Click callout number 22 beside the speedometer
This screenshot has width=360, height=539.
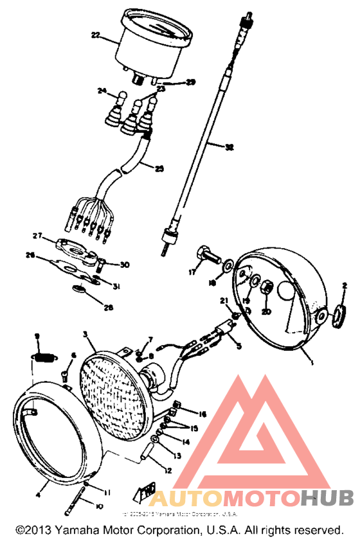(x=95, y=36)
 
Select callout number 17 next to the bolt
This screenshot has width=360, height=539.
(x=192, y=272)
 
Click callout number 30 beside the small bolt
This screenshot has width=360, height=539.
(x=125, y=264)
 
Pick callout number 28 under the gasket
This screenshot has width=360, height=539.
(x=109, y=308)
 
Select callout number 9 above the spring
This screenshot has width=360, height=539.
(x=37, y=336)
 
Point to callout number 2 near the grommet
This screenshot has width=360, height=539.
(x=345, y=285)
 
